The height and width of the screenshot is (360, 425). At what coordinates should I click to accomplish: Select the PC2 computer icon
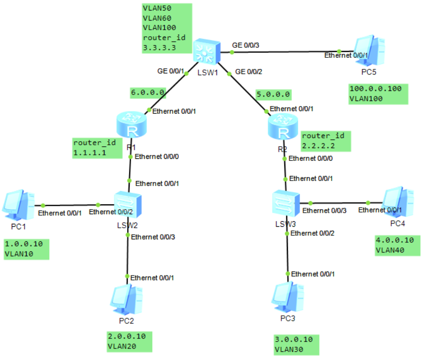tap(124, 300)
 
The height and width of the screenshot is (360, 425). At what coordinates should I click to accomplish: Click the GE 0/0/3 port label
tap(246, 45)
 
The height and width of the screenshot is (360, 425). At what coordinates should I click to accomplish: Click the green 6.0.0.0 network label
tap(148, 93)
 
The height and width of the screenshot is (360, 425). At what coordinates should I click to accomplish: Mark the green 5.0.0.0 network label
tap(273, 94)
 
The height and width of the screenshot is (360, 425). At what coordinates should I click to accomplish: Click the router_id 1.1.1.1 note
tap(97, 147)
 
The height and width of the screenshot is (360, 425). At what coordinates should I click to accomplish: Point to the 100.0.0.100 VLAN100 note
tap(378, 94)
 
